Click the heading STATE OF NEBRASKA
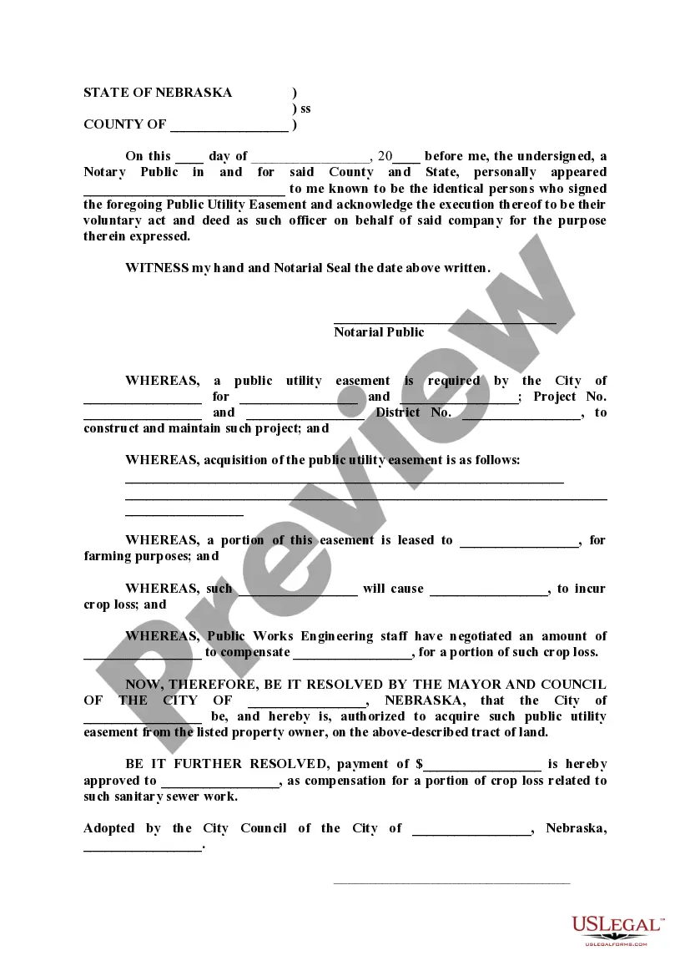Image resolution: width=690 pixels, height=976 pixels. coord(158,93)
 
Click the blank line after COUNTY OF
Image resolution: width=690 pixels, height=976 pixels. coord(229,126)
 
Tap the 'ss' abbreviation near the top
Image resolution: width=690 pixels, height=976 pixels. coord(305,109)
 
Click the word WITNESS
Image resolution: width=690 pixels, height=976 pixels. coord(157,268)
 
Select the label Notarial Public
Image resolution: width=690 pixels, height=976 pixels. coord(379,332)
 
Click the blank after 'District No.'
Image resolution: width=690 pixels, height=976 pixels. coord(521,414)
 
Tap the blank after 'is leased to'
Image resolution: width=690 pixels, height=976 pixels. coord(520,542)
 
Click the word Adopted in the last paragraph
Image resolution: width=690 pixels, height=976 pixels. coord(108,828)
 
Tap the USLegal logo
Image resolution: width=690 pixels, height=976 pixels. coord(617,928)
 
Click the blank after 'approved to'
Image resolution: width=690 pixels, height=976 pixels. coord(220,782)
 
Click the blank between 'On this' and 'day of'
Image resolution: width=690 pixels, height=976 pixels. coord(189,158)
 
